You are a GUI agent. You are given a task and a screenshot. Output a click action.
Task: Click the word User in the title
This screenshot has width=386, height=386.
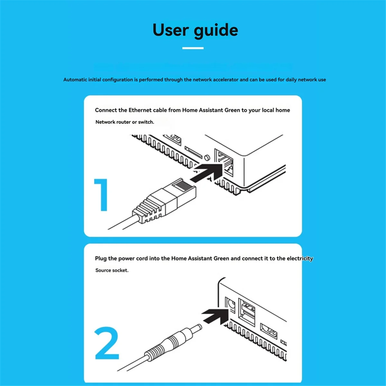[x=171, y=30]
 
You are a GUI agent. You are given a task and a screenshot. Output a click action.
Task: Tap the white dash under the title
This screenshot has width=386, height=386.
[x=193, y=48]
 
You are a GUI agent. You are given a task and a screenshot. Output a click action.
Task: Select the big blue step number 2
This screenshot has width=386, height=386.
[x=107, y=343]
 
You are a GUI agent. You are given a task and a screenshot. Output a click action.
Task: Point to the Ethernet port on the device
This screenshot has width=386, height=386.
[x=224, y=162]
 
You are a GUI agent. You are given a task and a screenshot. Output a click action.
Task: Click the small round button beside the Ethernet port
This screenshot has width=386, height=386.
[x=207, y=157]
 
